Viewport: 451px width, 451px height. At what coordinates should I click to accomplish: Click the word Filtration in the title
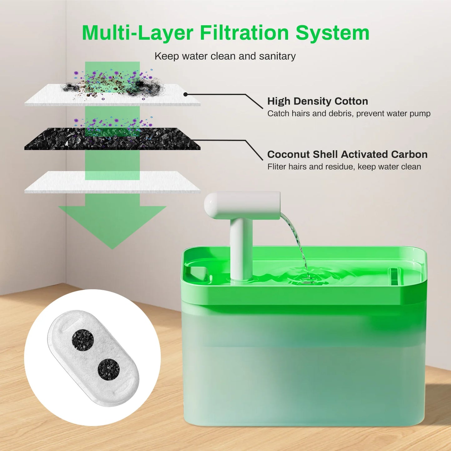(x=244, y=33)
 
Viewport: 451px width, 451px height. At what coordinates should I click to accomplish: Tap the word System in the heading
(x=332, y=33)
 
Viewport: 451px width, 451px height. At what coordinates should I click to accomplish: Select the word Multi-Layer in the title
(x=137, y=33)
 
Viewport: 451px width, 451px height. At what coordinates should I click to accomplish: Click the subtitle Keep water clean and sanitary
(x=225, y=56)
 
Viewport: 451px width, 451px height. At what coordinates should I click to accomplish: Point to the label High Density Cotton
(x=317, y=101)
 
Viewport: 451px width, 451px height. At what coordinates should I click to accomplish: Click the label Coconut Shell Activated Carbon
(x=347, y=154)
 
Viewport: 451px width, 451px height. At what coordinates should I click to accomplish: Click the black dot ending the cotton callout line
(x=185, y=94)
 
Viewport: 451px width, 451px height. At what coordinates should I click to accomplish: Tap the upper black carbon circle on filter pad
(x=83, y=340)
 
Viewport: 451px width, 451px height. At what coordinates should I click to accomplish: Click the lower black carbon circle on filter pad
(x=108, y=369)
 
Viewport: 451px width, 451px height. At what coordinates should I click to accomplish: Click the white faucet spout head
(x=242, y=205)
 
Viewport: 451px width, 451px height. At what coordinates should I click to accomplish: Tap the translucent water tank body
(x=304, y=368)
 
